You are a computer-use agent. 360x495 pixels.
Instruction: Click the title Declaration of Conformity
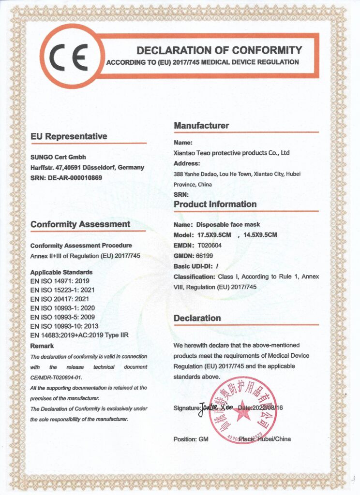219,50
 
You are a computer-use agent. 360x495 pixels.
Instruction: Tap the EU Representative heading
69,136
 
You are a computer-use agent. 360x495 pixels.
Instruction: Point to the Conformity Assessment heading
80,224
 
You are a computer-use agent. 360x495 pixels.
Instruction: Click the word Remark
42,346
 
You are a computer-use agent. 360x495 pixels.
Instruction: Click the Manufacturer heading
201,126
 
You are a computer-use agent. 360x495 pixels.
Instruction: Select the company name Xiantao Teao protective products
231,153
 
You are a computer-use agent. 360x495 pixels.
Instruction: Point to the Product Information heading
215,204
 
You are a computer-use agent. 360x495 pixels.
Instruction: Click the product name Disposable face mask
228,225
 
